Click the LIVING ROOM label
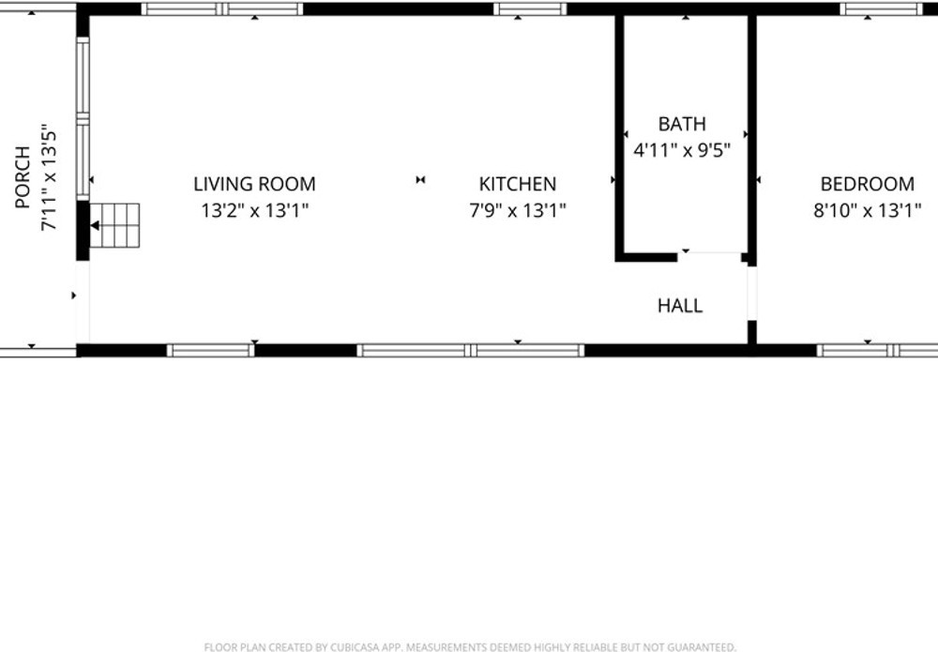pos(254,184)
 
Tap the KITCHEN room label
pos(518,184)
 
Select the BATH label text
pos(682,124)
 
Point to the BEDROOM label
pos(868,184)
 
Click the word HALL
pos(680,306)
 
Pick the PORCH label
pos(23,177)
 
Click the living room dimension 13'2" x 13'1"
pos(255,210)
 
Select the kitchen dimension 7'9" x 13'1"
pos(518,210)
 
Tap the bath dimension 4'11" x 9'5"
pos(682,150)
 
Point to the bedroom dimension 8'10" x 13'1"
pos(868,210)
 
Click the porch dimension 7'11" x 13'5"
pos(49,177)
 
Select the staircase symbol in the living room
pos(114,225)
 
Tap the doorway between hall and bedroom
pos(752,294)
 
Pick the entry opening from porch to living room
pos(83,302)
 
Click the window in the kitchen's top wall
pos(529,9)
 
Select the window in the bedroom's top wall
pos(881,9)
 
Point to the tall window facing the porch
pos(83,118)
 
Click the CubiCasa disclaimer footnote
pos(470,646)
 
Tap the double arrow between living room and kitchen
pos(420,179)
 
